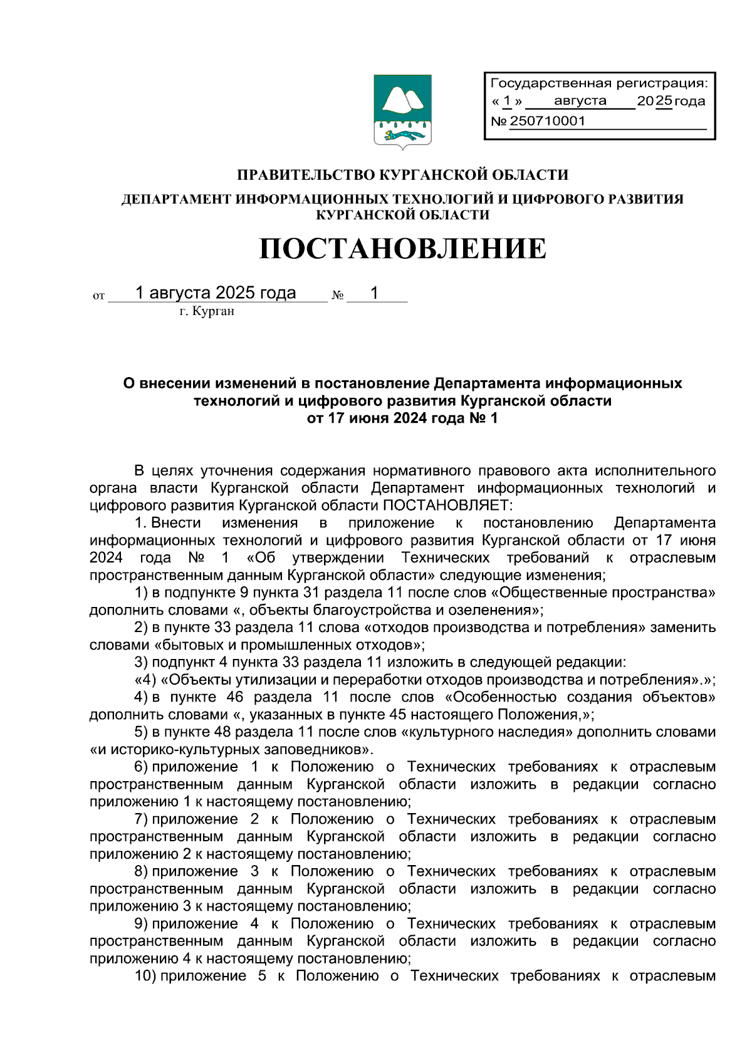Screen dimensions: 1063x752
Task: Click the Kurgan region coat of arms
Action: pos(402,111)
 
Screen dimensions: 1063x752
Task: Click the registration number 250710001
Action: pos(547,122)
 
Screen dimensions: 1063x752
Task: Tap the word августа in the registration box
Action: pos(580,101)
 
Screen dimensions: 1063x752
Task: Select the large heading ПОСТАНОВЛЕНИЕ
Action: pos(402,249)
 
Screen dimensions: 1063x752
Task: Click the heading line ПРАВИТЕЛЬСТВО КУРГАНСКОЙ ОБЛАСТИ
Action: pos(402,175)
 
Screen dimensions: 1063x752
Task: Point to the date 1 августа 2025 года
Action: pos(216,293)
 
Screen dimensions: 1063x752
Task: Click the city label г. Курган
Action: pos(207,311)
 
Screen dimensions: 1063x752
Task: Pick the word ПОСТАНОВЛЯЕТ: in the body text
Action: pos(447,506)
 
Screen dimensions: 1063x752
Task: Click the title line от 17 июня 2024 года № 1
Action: pos(402,418)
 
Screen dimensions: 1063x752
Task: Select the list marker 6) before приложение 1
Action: pos(141,767)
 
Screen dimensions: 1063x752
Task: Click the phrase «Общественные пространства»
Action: pos(601,593)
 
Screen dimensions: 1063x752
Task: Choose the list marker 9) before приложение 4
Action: pos(141,924)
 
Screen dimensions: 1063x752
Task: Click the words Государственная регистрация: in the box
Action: pos(598,83)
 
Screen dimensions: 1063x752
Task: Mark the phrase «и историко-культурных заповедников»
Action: pos(231,750)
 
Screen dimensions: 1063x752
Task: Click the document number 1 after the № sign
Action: pos(374,293)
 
